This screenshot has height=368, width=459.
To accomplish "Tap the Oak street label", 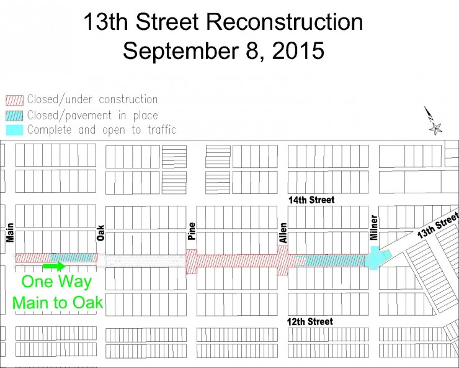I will pyautogui.click(x=100, y=232).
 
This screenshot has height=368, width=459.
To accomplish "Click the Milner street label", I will pyautogui.click(x=374, y=228).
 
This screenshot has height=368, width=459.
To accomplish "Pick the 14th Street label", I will pyautogui.click(x=311, y=200).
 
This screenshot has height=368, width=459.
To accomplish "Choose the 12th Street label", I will pyautogui.click(x=310, y=321).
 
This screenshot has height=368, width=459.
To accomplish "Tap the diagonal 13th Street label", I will pyautogui.click(x=437, y=226).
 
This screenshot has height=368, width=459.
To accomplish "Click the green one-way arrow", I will pyautogui.click(x=53, y=267).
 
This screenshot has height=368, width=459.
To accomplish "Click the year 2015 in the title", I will pyautogui.click(x=293, y=50).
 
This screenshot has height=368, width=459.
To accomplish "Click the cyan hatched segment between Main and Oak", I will pyautogui.click(x=73, y=257).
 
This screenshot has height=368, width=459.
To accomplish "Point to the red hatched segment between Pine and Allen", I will pyautogui.click(x=236, y=260).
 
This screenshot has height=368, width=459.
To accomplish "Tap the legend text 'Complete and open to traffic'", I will pyautogui.click(x=102, y=130).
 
